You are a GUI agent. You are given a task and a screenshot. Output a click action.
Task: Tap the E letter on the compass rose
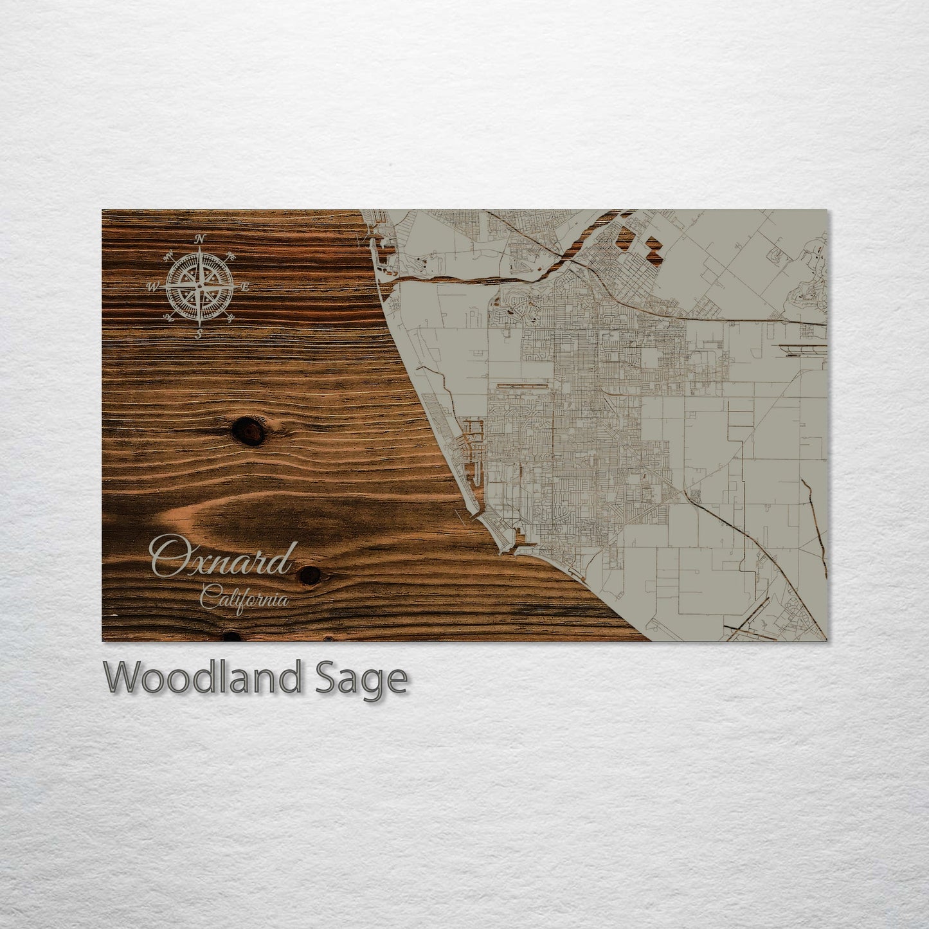point(245,288)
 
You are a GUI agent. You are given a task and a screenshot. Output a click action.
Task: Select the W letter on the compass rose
point(153,287)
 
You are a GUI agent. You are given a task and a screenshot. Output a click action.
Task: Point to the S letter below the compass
point(199,333)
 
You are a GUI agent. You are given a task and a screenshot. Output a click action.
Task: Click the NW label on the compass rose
point(169,256)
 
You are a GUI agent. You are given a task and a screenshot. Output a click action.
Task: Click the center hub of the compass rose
point(200,286)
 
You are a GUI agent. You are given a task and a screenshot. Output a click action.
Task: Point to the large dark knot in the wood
point(249,430)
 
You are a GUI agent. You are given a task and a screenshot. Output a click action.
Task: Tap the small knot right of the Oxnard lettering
point(310,575)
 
